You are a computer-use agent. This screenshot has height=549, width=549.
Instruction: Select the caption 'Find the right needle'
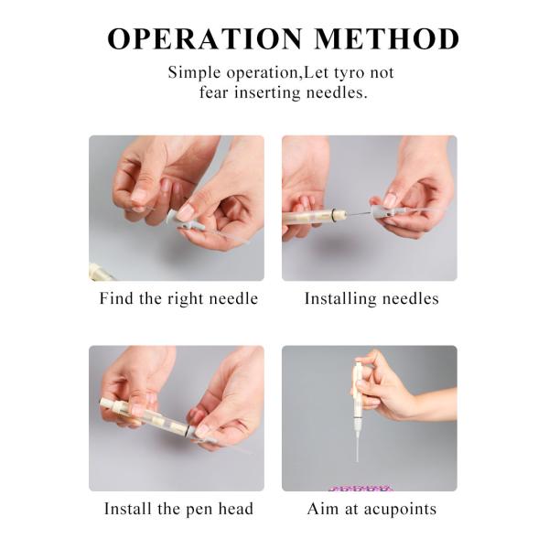[x=178, y=299]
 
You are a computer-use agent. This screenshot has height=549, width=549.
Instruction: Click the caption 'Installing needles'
[x=371, y=299]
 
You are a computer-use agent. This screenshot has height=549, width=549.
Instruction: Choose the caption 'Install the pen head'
[x=178, y=509]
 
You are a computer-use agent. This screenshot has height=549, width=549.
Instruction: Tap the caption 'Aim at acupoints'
[x=370, y=509]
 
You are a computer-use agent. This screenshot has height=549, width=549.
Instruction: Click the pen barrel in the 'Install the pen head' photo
[x=146, y=416]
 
